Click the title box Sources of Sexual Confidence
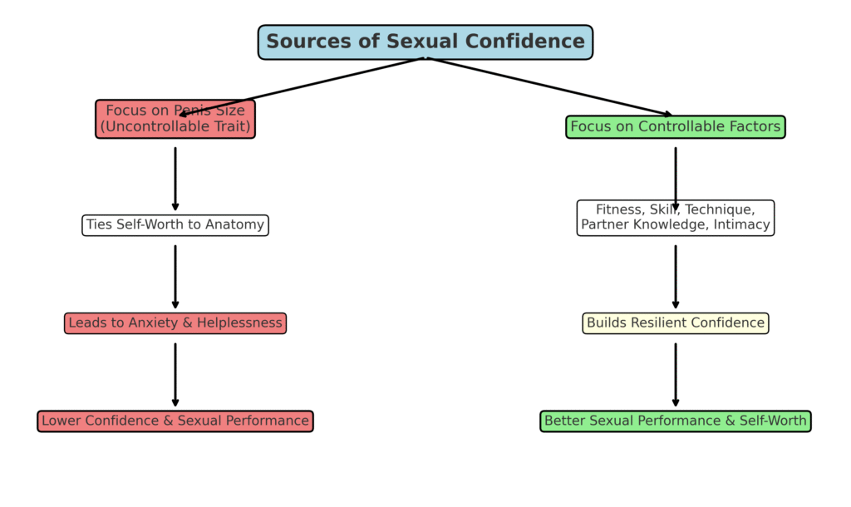pos(425,42)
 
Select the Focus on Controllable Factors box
pos(675,127)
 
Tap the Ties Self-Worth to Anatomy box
pos(175,225)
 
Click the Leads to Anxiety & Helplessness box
pos(175,323)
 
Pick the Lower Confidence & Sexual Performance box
pos(175,421)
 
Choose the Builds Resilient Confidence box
pos(675,323)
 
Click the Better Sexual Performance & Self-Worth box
pos(675,421)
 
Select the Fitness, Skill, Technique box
pos(675,218)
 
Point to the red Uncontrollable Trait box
pos(175,119)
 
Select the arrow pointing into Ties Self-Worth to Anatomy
pos(175,179)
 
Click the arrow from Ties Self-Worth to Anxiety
pos(175,277)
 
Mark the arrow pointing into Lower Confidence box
pos(175,375)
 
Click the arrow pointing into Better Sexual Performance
pos(675,375)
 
